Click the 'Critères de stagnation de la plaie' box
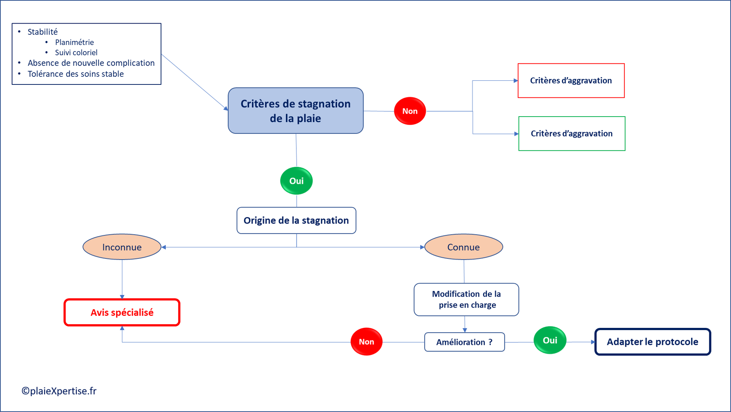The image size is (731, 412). [x=295, y=111]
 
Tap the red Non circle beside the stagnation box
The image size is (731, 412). [x=410, y=111]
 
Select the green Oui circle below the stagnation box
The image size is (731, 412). [x=296, y=181]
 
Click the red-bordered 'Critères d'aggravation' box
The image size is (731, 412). [x=571, y=80]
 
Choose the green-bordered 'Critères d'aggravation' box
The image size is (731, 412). [x=571, y=134]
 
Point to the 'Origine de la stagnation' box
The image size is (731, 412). [x=296, y=220]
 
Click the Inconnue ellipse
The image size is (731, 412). [x=122, y=247]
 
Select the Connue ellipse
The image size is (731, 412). [x=464, y=247]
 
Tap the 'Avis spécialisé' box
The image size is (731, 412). [x=122, y=312]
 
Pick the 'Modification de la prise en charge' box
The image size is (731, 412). [x=466, y=300]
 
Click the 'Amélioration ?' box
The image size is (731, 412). [x=464, y=342]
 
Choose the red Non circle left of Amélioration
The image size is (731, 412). [x=366, y=342]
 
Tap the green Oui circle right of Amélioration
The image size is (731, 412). [x=550, y=340]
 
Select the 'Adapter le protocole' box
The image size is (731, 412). [x=653, y=342]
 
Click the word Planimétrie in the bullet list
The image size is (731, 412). [x=74, y=42]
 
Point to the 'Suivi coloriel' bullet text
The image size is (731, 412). [x=76, y=52]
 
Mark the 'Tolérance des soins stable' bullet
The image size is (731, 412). [x=76, y=74]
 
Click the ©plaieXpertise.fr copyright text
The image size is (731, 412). [x=59, y=391]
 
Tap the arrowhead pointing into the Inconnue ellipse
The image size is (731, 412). [x=164, y=247]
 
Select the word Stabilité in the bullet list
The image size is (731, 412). [x=43, y=32]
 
